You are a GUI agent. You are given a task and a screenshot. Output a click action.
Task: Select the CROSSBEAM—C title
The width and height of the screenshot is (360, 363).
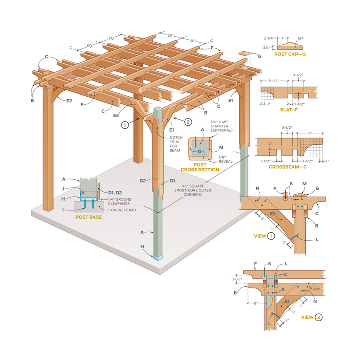(287, 167)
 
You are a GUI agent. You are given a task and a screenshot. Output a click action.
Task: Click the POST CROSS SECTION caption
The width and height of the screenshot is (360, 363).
(200, 167)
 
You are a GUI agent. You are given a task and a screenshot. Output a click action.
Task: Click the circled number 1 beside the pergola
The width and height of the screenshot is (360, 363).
(124, 125)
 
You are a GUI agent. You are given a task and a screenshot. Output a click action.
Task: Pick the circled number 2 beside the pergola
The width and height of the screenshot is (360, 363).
(188, 121)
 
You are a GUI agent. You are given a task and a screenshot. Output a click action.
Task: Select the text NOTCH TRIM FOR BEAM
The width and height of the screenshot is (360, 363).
(176, 144)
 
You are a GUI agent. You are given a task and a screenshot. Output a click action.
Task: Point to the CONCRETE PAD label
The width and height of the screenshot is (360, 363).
(122, 210)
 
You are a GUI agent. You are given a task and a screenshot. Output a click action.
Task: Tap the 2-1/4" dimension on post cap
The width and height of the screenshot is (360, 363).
(270, 38)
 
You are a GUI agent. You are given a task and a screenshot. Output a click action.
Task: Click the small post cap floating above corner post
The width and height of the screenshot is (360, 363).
(244, 54)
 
